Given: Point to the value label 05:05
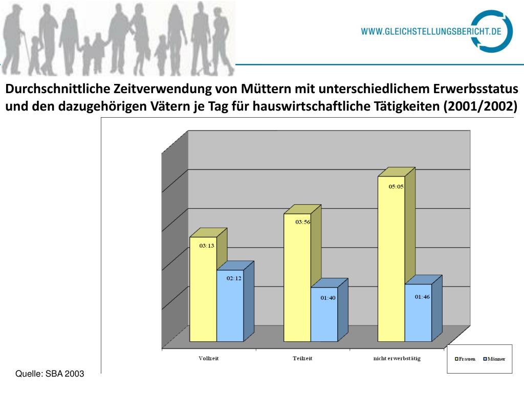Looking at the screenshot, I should (396, 187).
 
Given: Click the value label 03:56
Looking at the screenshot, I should (302, 222).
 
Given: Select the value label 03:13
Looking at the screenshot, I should (206, 246).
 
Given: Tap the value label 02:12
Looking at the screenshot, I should (234, 278).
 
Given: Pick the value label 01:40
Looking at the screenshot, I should (328, 297).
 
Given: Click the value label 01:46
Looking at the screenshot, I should (422, 297).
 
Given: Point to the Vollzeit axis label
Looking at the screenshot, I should (209, 358).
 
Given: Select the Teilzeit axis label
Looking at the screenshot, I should (302, 358).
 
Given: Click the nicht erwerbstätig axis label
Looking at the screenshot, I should (397, 358).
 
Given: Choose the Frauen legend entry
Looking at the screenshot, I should (465, 359).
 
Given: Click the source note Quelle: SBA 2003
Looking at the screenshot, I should (50, 374).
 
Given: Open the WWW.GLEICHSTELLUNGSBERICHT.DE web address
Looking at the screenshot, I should (431, 31).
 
